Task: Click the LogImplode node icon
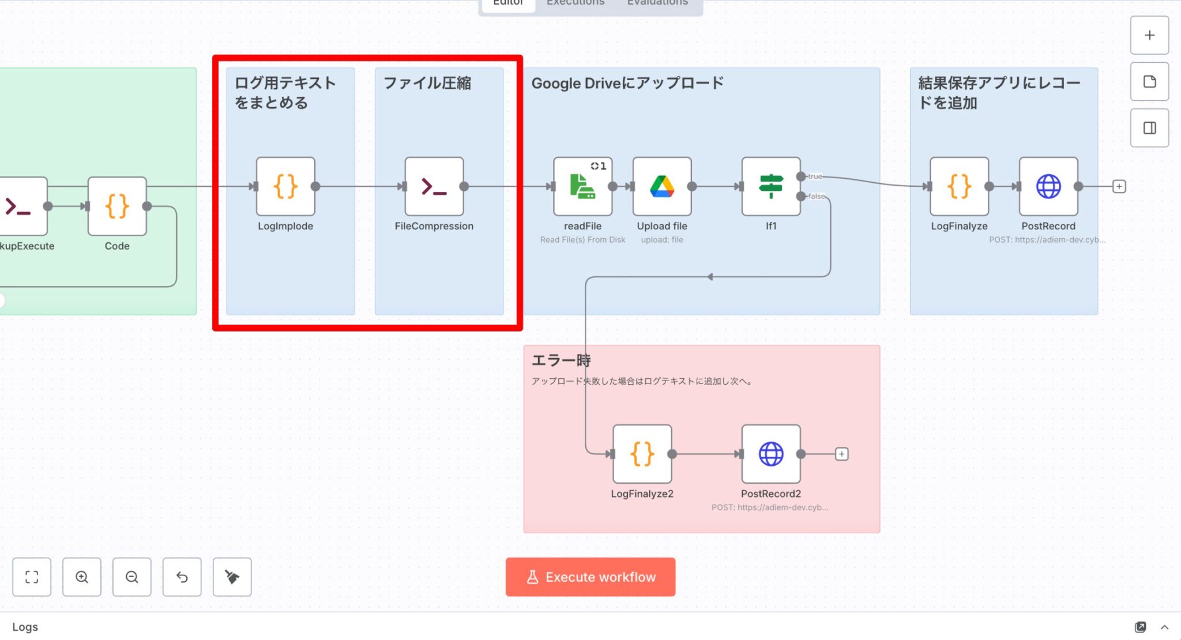285,186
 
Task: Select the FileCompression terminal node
434,186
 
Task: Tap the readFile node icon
582,186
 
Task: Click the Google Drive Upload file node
662,186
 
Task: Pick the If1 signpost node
771,186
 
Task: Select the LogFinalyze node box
959,186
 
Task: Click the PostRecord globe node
1048,186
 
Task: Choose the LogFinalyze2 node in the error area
642,454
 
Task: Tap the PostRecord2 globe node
771,454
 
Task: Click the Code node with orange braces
117,206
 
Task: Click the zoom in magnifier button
82,577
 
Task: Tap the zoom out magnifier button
132,577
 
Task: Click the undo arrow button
182,577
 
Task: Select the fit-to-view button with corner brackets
32,577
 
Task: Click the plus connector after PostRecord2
842,454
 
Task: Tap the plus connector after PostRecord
1119,187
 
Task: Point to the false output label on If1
816,197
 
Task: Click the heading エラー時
561,361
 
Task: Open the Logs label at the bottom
25,627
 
